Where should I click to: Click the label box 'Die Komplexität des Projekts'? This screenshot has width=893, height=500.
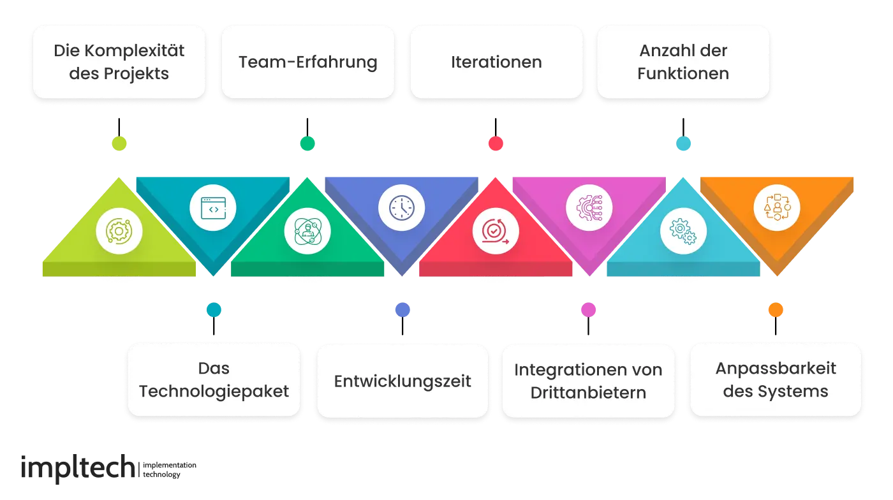(119, 62)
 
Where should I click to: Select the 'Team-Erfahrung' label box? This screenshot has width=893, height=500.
(307, 62)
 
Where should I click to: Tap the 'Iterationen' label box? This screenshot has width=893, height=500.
(496, 62)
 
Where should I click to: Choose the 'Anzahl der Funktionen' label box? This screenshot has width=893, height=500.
(683, 62)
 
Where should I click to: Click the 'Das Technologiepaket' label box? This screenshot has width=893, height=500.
(214, 380)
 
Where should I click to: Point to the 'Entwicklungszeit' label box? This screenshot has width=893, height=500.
(402, 381)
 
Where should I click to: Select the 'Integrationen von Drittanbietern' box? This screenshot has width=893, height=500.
(588, 381)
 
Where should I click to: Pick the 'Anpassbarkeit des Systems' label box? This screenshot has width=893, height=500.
(776, 380)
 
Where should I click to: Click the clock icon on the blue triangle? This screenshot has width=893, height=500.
(402, 207)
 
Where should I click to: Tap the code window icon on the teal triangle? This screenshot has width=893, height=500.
(213, 208)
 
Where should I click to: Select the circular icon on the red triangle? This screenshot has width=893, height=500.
(496, 231)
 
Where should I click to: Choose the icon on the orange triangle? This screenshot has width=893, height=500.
(776, 207)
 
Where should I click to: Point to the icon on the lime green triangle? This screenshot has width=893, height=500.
(119, 231)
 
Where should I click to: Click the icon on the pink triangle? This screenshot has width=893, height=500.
(589, 207)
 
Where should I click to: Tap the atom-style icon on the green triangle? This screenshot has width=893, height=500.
(307, 231)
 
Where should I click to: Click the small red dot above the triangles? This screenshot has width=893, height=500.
(496, 143)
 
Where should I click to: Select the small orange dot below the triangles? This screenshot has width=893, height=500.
(776, 310)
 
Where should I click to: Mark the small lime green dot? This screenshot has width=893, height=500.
(119, 143)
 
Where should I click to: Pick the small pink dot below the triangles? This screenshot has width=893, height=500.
(588, 310)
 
